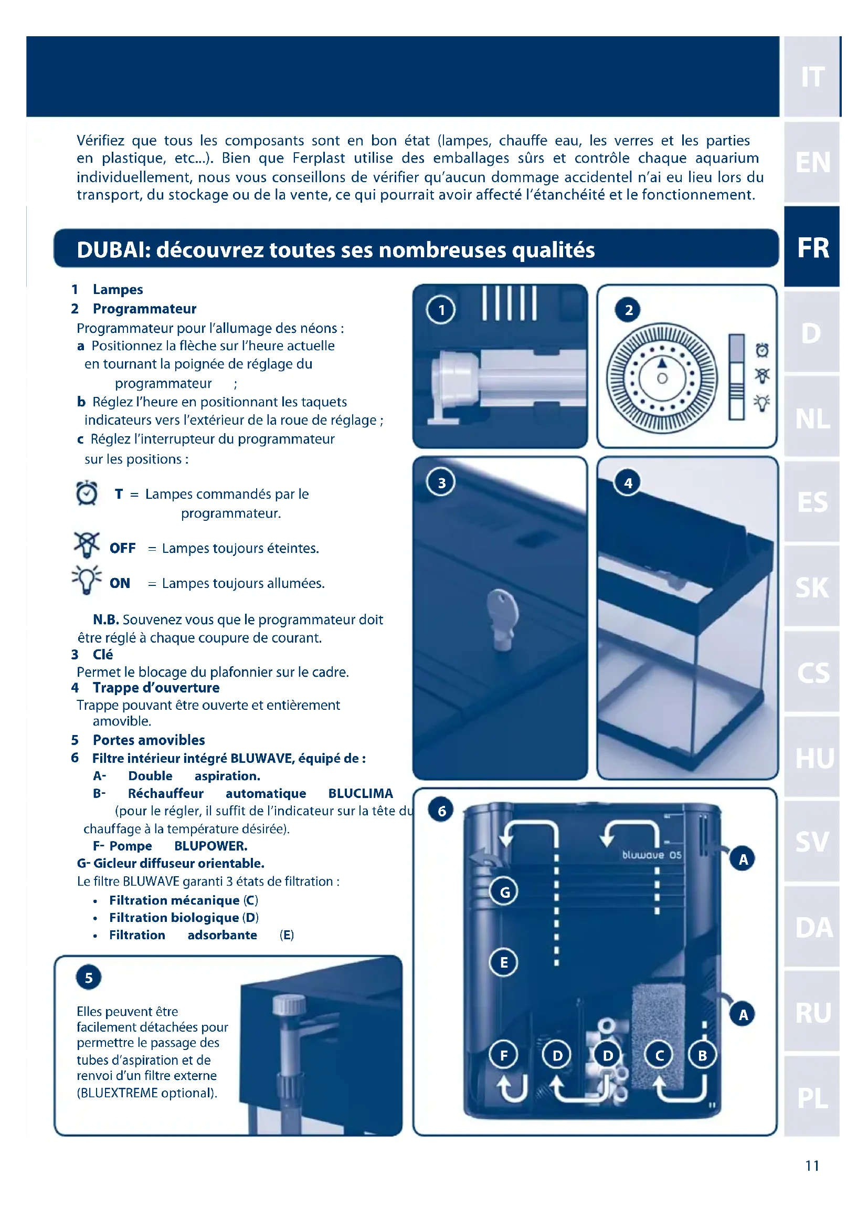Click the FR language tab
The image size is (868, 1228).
point(812,248)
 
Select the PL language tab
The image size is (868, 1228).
point(812,1098)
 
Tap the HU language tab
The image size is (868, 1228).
point(812,758)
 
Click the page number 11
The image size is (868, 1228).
point(812,1166)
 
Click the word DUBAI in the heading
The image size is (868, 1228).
point(112,250)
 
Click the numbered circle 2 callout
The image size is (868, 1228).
point(629,310)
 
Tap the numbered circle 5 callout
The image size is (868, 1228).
point(89,978)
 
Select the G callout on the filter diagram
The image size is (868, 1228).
point(504,892)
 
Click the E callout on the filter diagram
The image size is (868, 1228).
point(503,963)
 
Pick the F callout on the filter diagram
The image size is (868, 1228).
point(503,1055)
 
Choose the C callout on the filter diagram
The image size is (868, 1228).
point(659,1055)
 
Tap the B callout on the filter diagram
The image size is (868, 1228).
point(702,1055)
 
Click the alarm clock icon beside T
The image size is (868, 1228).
point(87,493)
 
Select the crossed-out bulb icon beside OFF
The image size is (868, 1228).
point(87,545)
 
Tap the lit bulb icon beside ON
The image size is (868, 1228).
point(87,579)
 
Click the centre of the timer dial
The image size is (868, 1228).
point(662,378)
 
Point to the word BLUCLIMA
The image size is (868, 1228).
point(360,793)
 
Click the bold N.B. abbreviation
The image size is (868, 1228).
point(106,620)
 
